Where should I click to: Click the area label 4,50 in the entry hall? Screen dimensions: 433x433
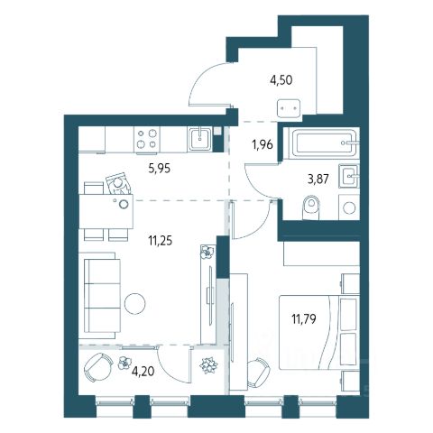click(281, 80)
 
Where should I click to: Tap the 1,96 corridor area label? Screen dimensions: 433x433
click(263, 144)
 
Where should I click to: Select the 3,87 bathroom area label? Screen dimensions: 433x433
click(318, 179)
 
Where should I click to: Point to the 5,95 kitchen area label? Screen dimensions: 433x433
click(160, 169)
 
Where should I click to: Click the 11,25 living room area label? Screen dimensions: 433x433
click(161, 241)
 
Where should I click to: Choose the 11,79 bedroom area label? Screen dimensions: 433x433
click(304, 318)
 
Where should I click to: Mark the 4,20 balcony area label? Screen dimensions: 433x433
click(143, 372)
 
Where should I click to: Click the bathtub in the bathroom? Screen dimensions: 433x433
click(324, 143)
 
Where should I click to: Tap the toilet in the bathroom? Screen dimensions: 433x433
click(310, 207)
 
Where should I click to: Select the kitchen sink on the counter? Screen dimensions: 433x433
click(200, 139)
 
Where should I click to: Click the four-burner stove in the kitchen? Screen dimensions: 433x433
click(147, 139)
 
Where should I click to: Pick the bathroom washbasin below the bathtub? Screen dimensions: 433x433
click(349, 176)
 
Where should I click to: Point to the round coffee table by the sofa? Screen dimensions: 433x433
click(135, 304)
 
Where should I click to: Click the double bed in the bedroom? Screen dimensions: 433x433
click(319, 332)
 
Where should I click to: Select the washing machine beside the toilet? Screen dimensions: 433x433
click(349, 207)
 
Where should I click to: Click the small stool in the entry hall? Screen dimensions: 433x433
click(289, 108)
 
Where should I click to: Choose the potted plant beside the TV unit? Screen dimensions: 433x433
click(208, 252)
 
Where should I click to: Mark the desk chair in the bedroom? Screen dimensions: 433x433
click(258, 373)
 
